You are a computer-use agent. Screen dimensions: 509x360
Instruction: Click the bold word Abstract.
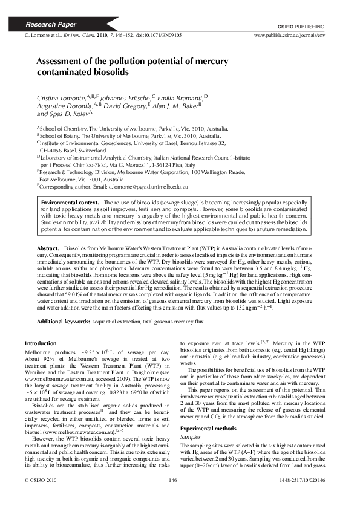47,248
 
